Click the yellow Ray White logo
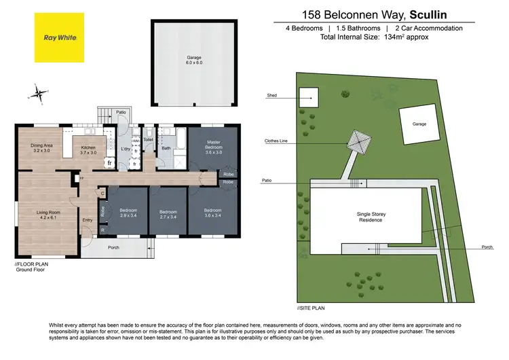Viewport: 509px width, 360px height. tap(59, 38)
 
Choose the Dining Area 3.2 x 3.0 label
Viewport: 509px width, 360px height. tap(41, 147)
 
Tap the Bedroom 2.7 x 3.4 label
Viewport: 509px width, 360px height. tap(168, 214)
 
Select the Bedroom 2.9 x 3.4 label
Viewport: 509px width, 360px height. tap(128, 214)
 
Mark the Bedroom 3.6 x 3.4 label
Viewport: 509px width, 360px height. tap(213, 214)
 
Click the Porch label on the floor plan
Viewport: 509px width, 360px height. tap(113, 247)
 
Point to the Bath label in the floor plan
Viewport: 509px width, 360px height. tap(166, 147)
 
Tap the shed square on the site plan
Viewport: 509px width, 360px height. tap(309, 96)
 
